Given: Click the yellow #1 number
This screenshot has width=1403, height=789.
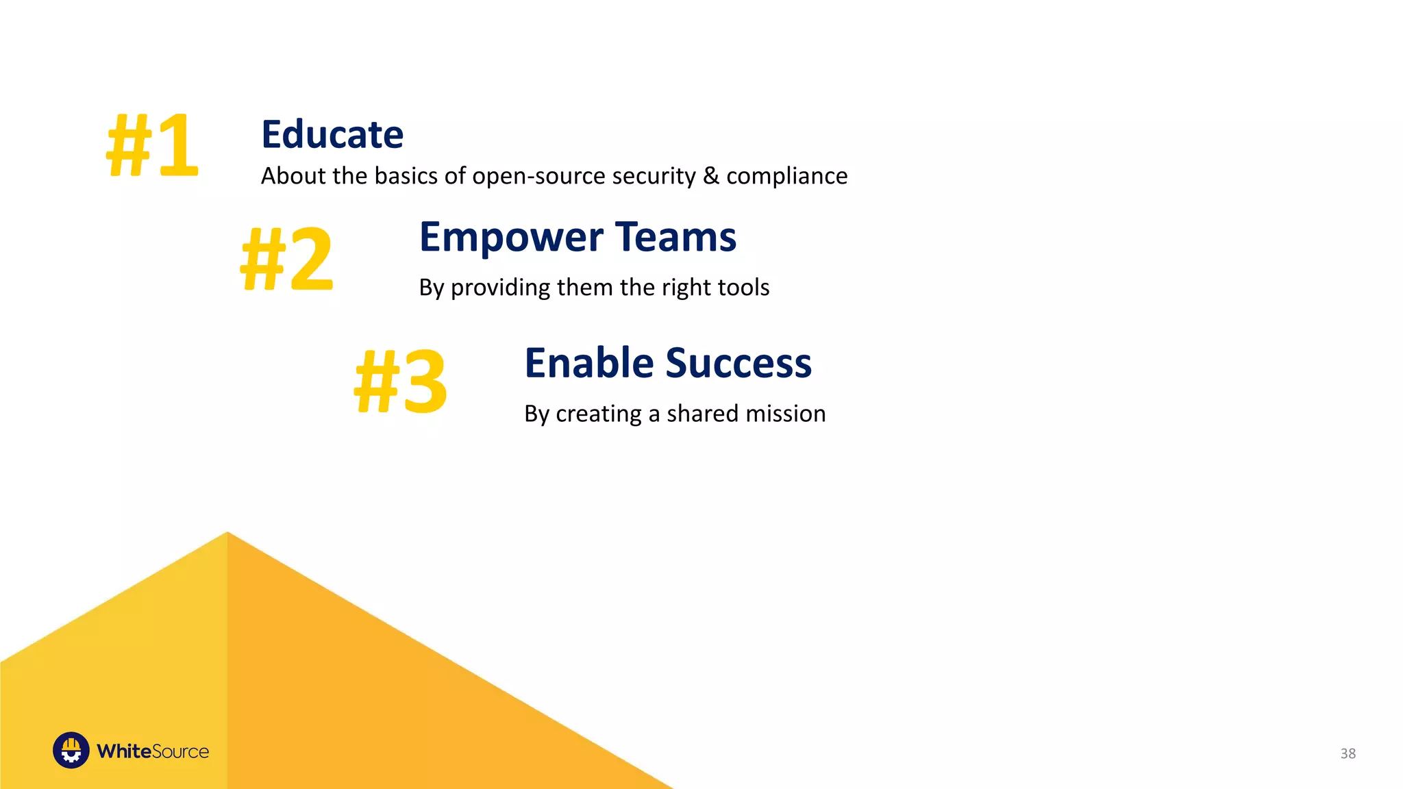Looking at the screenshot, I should [152, 145].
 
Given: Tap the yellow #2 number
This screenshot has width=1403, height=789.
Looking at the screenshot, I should [286, 260].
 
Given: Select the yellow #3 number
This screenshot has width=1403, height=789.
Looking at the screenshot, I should [401, 381].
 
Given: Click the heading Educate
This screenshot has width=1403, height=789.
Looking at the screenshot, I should [332, 134].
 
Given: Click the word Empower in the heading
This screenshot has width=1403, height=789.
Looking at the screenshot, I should [511, 238].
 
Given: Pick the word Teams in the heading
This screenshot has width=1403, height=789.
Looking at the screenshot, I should [675, 237].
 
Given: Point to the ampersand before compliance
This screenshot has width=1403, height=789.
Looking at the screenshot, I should [711, 176].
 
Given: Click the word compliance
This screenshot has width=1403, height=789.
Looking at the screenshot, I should [786, 177].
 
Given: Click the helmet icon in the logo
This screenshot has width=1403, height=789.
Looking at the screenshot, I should [71, 751].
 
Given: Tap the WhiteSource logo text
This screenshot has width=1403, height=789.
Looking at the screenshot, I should [152, 751].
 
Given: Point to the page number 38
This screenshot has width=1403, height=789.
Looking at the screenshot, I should [1348, 753].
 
